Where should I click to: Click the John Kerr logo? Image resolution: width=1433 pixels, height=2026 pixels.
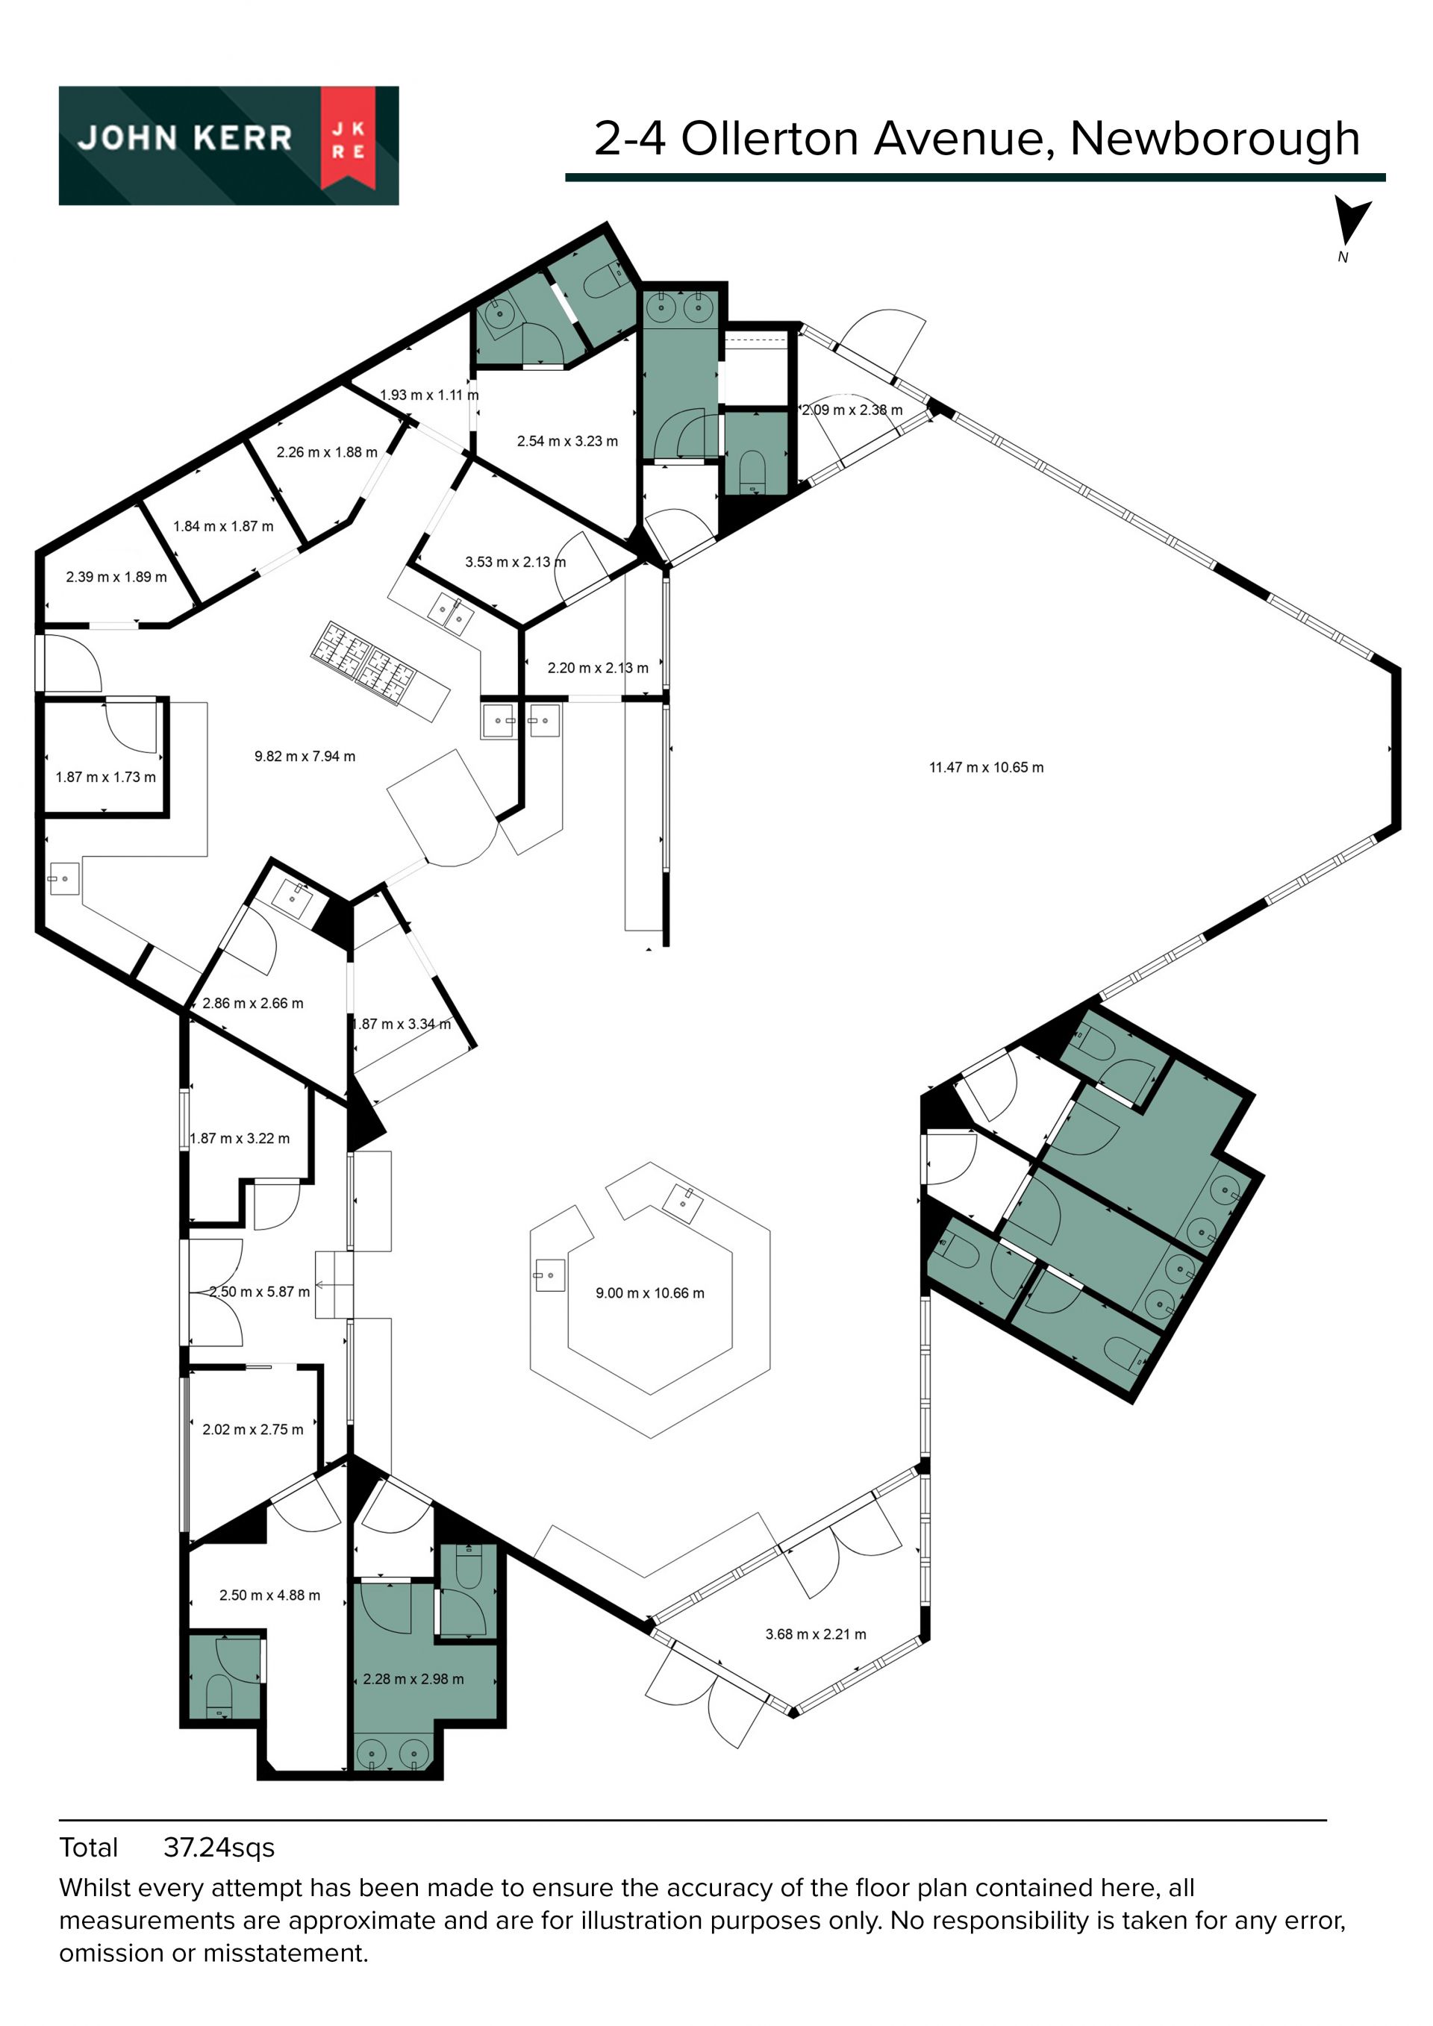click(228, 146)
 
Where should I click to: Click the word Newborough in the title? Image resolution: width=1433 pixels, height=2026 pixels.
click(1215, 139)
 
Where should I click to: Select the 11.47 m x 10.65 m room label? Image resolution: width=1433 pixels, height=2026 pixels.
click(986, 768)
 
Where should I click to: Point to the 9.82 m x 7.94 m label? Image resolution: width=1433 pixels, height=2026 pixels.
click(305, 756)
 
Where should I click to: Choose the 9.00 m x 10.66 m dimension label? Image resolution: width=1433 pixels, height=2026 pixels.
click(649, 1294)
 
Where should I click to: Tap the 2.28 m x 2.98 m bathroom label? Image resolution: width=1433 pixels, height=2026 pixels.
click(413, 1679)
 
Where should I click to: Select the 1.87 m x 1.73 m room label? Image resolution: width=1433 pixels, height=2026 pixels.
click(105, 778)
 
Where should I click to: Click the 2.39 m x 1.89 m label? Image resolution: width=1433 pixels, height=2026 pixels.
click(116, 577)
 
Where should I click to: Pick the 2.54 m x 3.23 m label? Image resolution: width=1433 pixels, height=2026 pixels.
click(567, 441)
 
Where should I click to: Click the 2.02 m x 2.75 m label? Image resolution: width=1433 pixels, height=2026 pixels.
click(252, 1430)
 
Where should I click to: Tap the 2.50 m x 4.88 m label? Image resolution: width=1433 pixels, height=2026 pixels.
click(269, 1595)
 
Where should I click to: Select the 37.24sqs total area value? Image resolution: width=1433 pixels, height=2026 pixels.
click(219, 1848)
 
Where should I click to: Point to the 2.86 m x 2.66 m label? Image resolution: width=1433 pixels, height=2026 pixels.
click(252, 1003)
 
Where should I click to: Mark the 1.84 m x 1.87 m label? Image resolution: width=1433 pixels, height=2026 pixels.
click(223, 527)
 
